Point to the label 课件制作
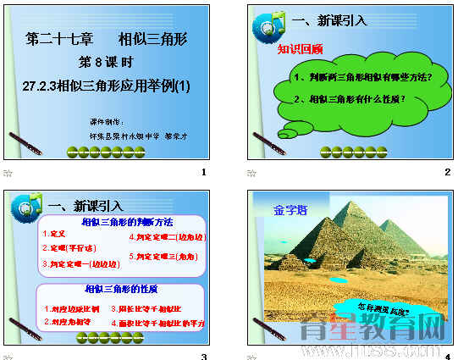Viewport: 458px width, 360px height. click(106, 122)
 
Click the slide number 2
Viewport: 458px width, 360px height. click(447, 173)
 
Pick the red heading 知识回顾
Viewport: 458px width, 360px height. click(301, 49)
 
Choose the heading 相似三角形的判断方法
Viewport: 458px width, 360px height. click(126, 222)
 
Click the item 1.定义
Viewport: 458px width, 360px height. click(53, 233)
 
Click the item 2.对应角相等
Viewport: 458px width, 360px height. click(68, 322)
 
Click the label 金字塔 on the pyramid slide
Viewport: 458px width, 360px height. click(290, 208)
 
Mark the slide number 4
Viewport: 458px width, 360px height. click(447, 357)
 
